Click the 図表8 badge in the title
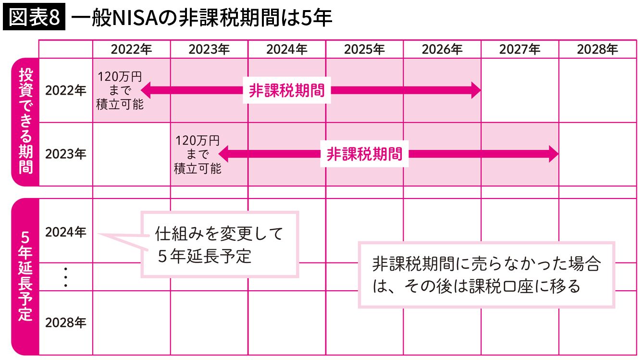pos(34,18)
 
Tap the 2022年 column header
pos(131,50)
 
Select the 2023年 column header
pos(209,50)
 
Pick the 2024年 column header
pos(287,50)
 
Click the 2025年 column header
pos(364,50)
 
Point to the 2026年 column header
pos(442,50)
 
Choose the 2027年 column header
pos(520,50)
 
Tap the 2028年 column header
pos(597,50)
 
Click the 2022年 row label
pos(65,90)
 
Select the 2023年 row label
pos(65,154)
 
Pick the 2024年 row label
pos(65,232)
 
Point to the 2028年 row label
pos(65,323)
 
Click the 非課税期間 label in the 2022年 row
pos(287,90)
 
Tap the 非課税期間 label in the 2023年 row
pos(365,154)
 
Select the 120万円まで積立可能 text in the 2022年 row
pos(120,90)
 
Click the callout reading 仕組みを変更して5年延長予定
pos(220,245)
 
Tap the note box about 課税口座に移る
pos(486,275)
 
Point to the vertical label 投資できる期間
pos(25,122)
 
